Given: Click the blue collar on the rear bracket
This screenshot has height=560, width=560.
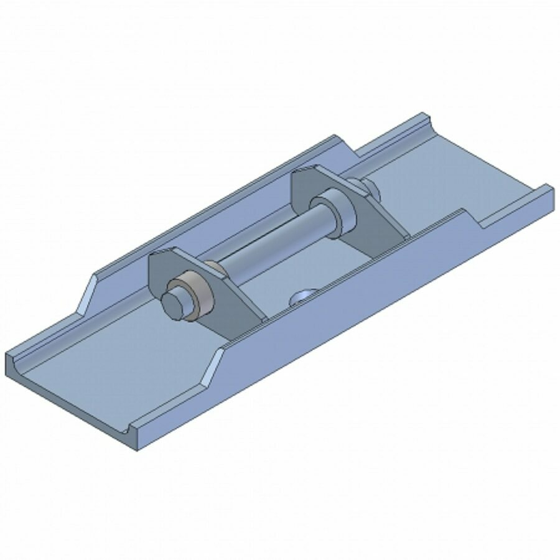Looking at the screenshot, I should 336,212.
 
